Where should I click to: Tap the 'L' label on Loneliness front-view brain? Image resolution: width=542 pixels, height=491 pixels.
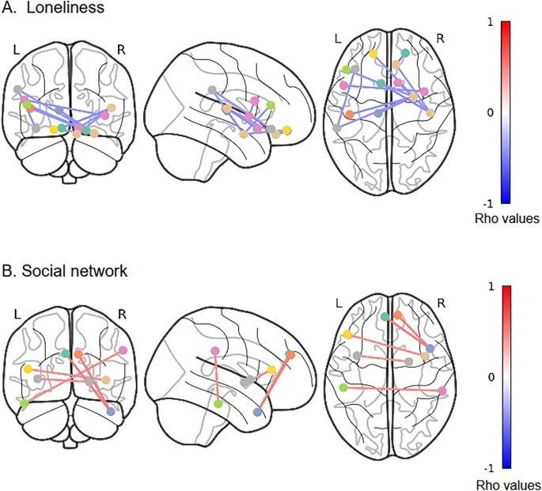(x=16, y=49)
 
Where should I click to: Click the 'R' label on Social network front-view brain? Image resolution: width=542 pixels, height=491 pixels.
(x=127, y=314)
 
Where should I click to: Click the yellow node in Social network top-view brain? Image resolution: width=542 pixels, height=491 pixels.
(x=347, y=335)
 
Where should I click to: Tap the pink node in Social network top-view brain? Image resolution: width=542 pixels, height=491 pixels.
(x=442, y=391)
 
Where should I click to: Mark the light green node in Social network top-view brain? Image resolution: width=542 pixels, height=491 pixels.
(x=343, y=387)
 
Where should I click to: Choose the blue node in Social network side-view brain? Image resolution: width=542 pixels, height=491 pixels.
(x=258, y=412)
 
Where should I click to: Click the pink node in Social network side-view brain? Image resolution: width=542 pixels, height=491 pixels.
(x=214, y=350)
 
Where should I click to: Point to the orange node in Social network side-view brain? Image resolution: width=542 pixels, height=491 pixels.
(x=290, y=355)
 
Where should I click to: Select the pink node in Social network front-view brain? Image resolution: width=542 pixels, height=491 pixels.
(x=123, y=349)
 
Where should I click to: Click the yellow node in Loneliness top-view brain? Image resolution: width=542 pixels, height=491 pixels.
(x=373, y=53)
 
